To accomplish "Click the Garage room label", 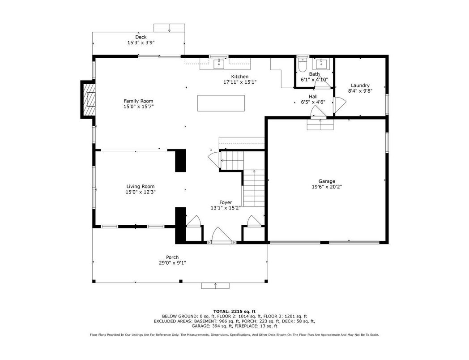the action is (x=327, y=181).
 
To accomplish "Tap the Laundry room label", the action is (x=360, y=85).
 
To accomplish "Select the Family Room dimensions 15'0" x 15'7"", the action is (x=138, y=107).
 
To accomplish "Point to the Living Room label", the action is (x=140, y=186).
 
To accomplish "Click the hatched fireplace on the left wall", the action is (x=89, y=99).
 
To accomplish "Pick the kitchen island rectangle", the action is (x=221, y=103).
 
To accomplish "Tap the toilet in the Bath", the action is (x=302, y=64).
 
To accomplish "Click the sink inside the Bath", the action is (x=321, y=64).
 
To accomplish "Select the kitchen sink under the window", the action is (x=219, y=64).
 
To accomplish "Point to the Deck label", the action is (x=141, y=37).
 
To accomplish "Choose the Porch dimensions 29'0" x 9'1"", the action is (x=172, y=263).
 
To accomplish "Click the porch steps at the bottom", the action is (x=215, y=286).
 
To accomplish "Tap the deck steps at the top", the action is (x=169, y=28).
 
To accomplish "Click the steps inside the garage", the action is (x=320, y=124).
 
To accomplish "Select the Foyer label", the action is (x=226, y=202).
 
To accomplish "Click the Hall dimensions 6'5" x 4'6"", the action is (x=313, y=102).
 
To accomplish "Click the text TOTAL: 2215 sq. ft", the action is (x=234, y=311).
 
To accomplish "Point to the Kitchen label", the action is (x=240, y=77).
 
